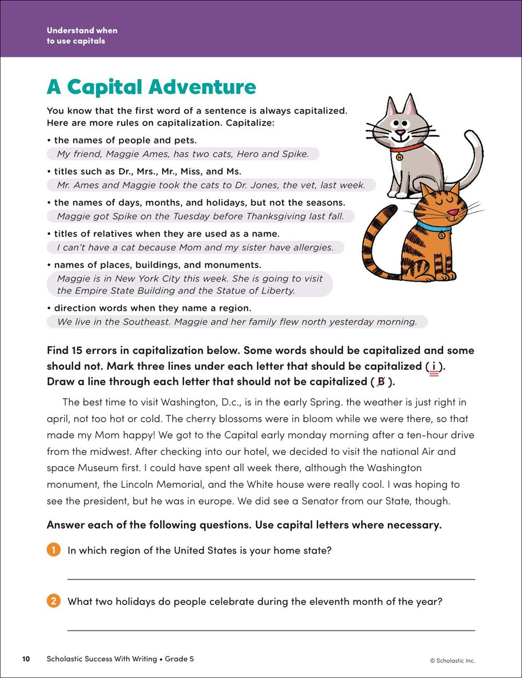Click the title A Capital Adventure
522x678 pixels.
point(151,87)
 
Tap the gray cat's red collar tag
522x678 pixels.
point(400,156)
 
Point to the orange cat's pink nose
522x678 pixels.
point(454,213)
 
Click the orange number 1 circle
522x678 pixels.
point(53,550)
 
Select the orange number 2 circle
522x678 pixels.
point(53,601)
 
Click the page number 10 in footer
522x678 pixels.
point(26,659)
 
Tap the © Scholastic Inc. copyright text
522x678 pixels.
point(452,660)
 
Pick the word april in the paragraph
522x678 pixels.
point(57,419)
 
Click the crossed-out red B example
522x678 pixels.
point(381,382)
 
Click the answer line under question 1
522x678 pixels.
point(271,579)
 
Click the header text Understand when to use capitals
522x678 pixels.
point(82,36)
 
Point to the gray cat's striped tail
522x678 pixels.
point(472,157)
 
